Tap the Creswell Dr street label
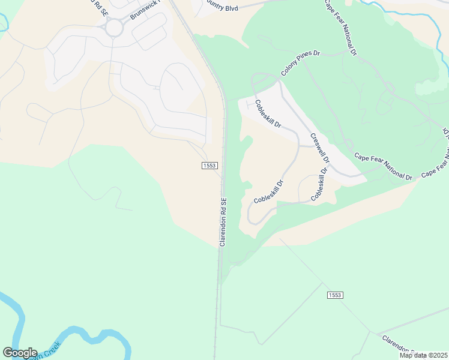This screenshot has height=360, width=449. [320, 148]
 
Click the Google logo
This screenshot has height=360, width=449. [20, 353]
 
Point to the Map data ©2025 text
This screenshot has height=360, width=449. [423, 355]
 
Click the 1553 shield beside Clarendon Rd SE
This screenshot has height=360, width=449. [209, 165]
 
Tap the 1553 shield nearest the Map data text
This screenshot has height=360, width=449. [335, 295]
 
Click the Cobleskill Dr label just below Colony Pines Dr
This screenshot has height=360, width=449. [268, 113]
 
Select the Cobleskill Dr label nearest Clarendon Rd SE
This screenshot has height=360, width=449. [268, 191]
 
